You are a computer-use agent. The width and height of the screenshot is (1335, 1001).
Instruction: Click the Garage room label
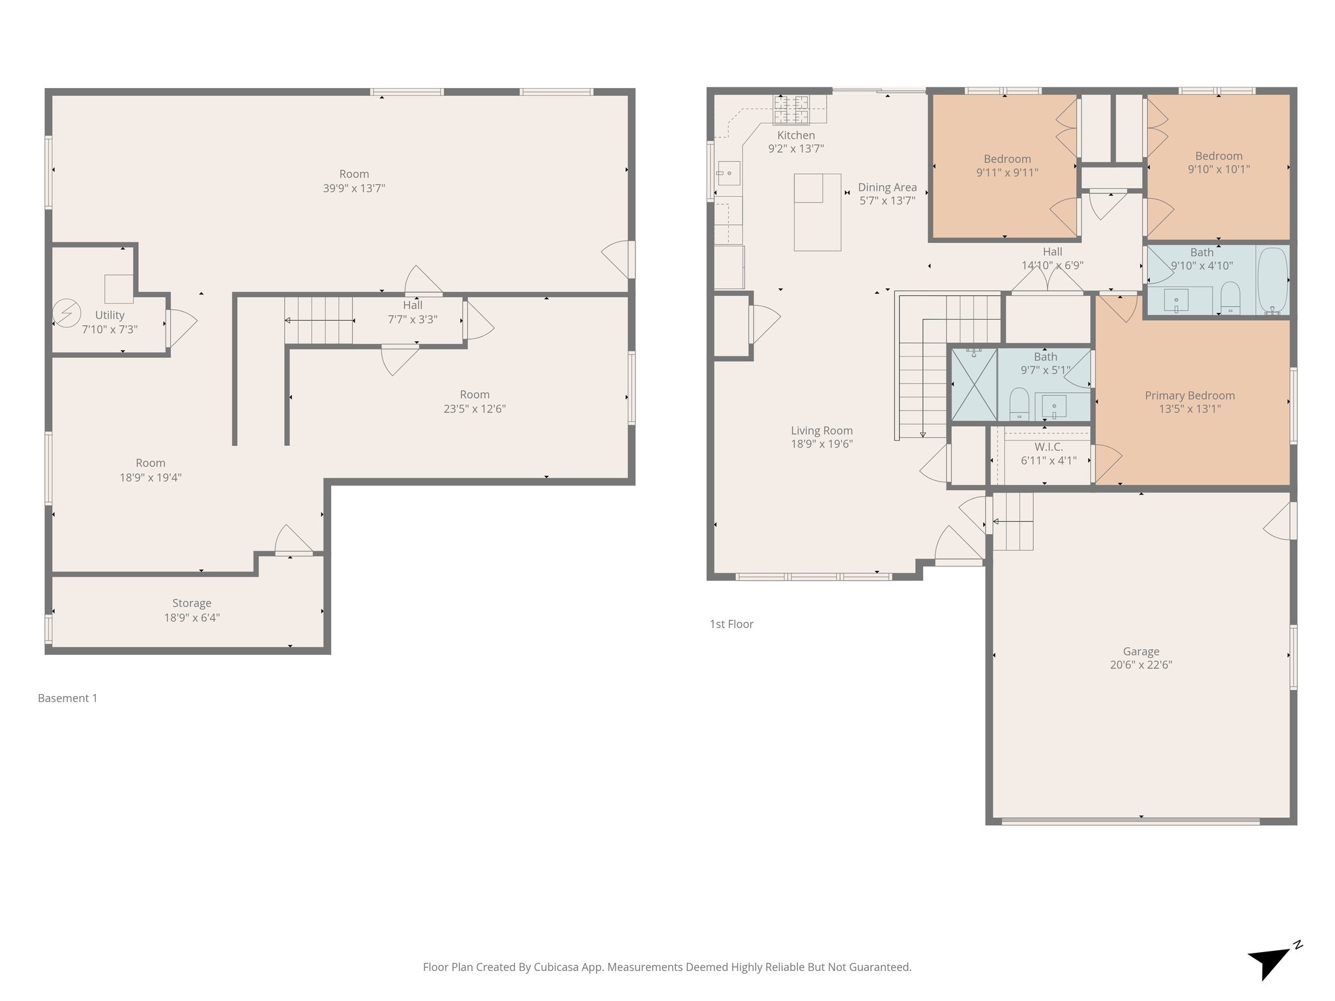[x=1141, y=651]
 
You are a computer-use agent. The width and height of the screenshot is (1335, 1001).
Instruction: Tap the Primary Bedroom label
[x=1190, y=396]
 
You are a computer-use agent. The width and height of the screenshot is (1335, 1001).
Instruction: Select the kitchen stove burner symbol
[x=791, y=109]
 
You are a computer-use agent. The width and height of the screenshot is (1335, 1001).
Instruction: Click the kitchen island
[x=817, y=212]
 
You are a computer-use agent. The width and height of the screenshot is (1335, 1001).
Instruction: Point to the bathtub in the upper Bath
[x=1272, y=281]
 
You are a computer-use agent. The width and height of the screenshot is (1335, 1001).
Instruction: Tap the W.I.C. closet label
[x=1048, y=447]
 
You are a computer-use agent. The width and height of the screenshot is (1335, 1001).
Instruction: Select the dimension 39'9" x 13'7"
[x=354, y=188]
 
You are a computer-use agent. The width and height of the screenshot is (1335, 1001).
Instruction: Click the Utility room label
[x=110, y=315]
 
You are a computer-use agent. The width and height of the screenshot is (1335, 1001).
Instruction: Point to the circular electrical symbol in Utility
[x=66, y=313]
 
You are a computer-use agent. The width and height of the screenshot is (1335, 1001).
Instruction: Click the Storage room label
[x=192, y=603]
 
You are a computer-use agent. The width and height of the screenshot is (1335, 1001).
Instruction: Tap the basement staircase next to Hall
[x=319, y=320]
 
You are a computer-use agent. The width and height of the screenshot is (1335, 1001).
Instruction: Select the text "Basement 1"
[x=67, y=698]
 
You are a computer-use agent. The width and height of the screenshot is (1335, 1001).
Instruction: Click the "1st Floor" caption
[x=731, y=624]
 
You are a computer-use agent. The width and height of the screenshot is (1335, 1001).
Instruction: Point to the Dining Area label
[x=887, y=188]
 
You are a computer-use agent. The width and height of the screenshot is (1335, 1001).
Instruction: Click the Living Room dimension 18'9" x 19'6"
[x=821, y=444]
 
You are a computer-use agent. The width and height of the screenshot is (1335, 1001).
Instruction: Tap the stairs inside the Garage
[x=1012, y=521]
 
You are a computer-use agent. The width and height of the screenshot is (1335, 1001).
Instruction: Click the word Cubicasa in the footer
[x=558, y=967]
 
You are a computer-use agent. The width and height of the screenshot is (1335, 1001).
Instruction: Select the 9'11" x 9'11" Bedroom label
[x=1006, y=173]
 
